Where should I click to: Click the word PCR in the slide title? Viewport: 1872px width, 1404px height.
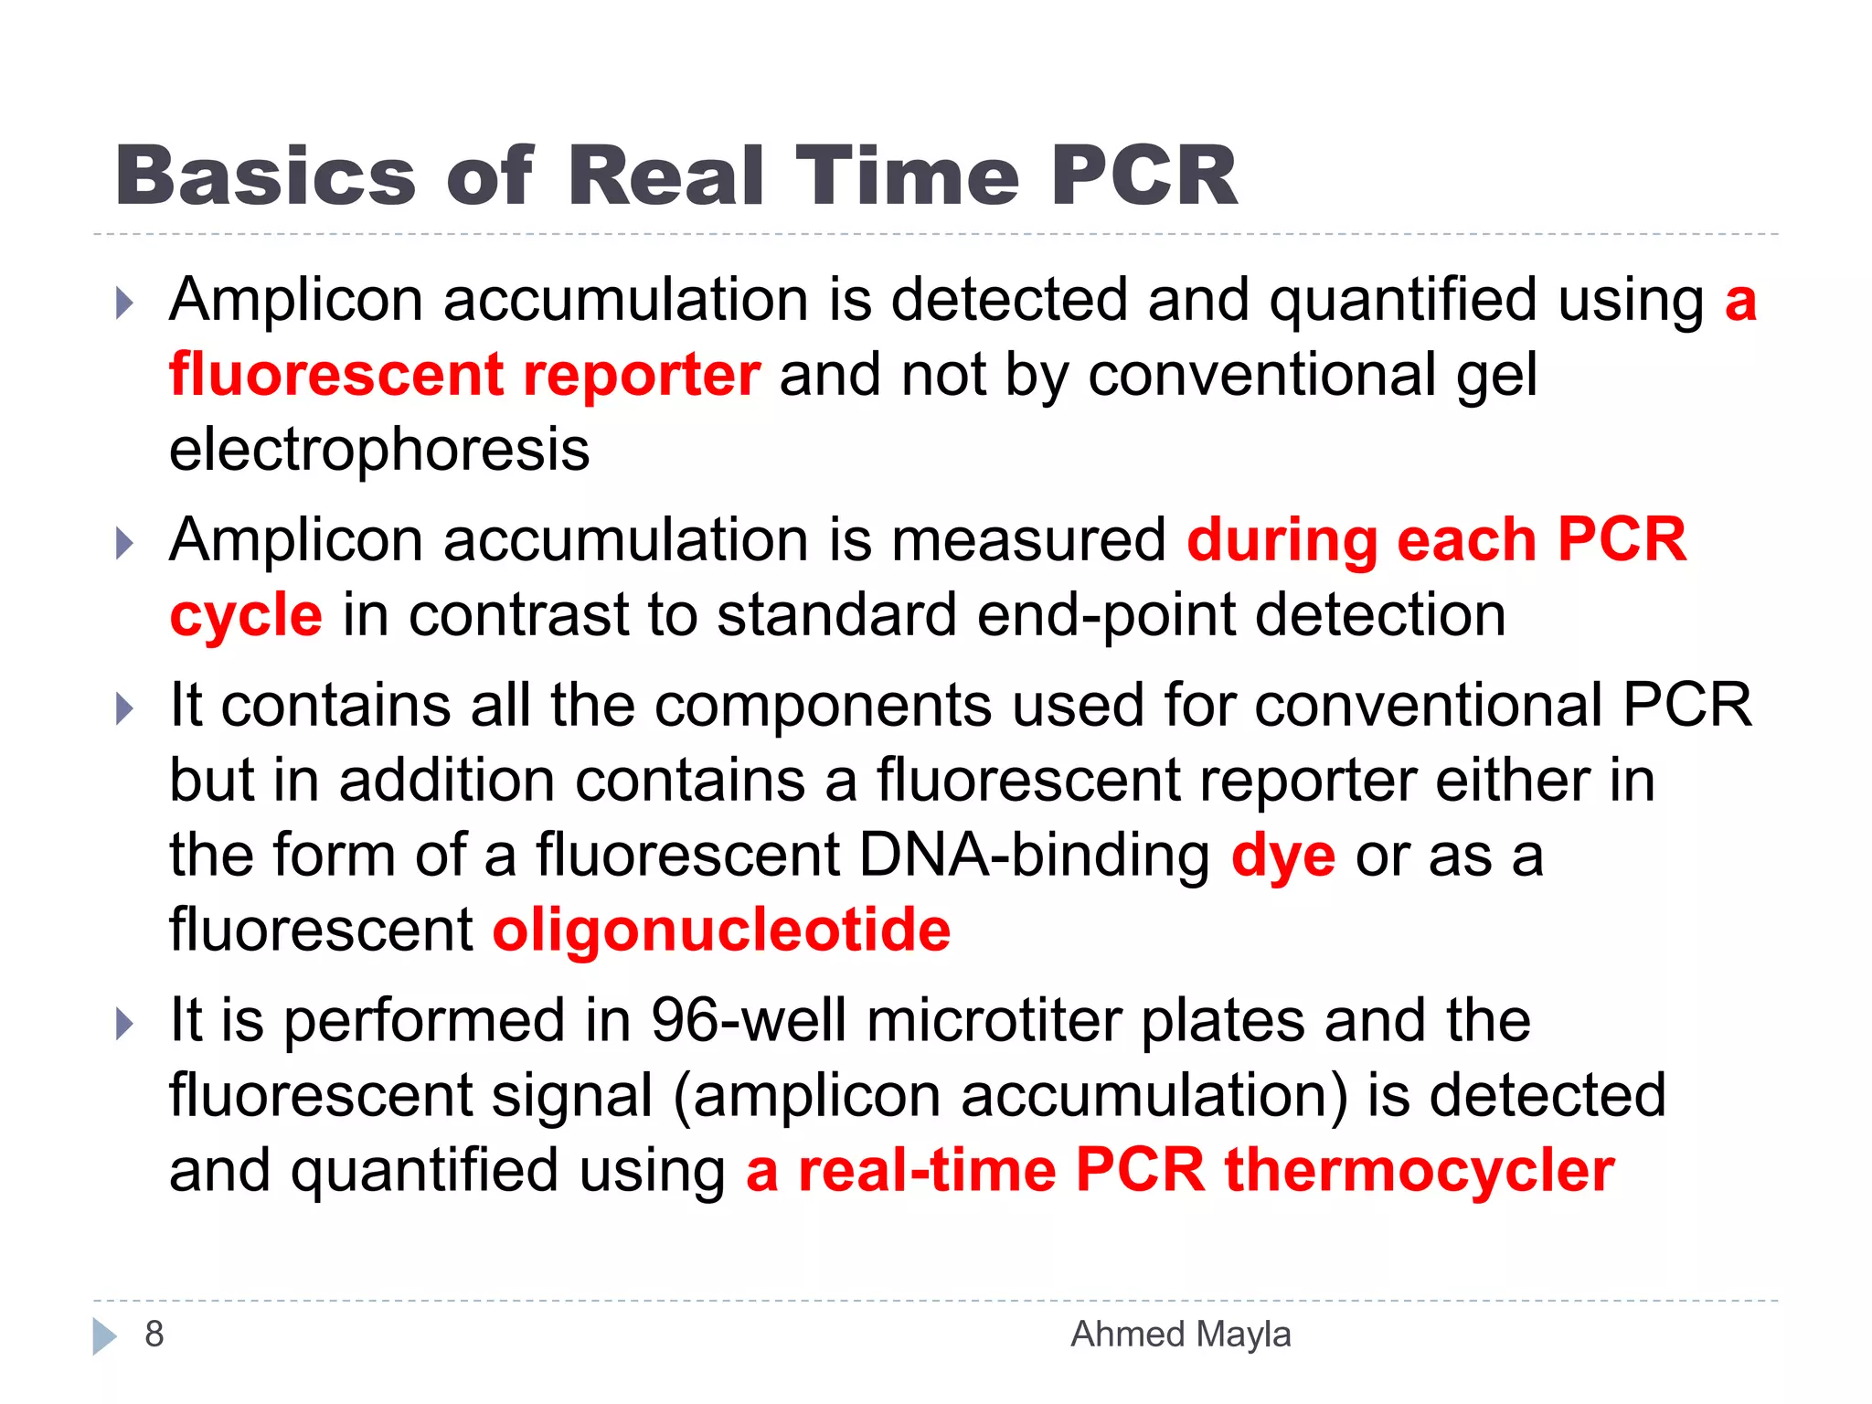pyautogui.click(x=1143, y=175)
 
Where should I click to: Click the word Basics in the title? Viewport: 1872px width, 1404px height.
pyautogui.click(x=265, y=175)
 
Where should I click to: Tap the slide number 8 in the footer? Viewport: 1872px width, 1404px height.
pyautogui.click(x=154, y=1335)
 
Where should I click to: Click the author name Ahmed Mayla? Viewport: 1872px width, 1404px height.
pyautogui.click(x=1180, y=1335)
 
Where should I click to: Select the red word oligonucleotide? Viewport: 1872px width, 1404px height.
pyautogui.click(x=721, y=931)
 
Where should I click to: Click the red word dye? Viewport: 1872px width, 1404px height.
pyautogui.click(x=1282, y=856)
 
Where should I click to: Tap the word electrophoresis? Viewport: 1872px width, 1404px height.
pyautogui.click(x=379, y=450)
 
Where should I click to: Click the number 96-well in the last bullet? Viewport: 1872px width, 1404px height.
pyautogui.click(x=749, y=1020)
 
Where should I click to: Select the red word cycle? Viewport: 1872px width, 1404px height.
pyautogui.click(x=246, y=616)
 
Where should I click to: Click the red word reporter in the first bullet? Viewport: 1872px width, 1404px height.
pyautogui.click(x=642, y=375)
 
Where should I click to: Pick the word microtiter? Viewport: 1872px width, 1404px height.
pyautogui.click(x=994, y=1020)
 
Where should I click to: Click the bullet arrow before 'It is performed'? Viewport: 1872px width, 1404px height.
pyautogui.click(x=125, y=1024)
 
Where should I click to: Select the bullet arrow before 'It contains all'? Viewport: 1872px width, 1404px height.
pyautogui.click(x=125, y=709)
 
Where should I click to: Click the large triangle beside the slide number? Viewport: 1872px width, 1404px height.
pyautogui.click(x=104, y=1336)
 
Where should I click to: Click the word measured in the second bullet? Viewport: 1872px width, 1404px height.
pyautogui.click(x=1028, y=539)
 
